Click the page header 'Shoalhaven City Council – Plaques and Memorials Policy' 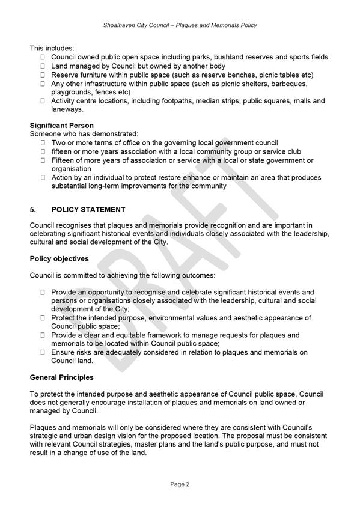point(180,25)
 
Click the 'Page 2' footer point(180,484)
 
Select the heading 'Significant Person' point(62,125)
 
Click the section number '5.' point(34,210)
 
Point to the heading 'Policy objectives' point(59,258)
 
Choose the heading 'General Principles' point(62,377)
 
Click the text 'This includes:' point(52,48)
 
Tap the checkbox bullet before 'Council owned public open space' point(43,58)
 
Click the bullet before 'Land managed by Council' point(43,66)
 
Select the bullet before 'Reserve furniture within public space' point(43,75)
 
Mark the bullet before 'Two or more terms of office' point(43,143)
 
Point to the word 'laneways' point(67,109)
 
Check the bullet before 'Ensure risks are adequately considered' point(43,352)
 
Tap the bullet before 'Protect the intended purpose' point(43,318)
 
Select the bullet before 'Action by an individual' point(43,178)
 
